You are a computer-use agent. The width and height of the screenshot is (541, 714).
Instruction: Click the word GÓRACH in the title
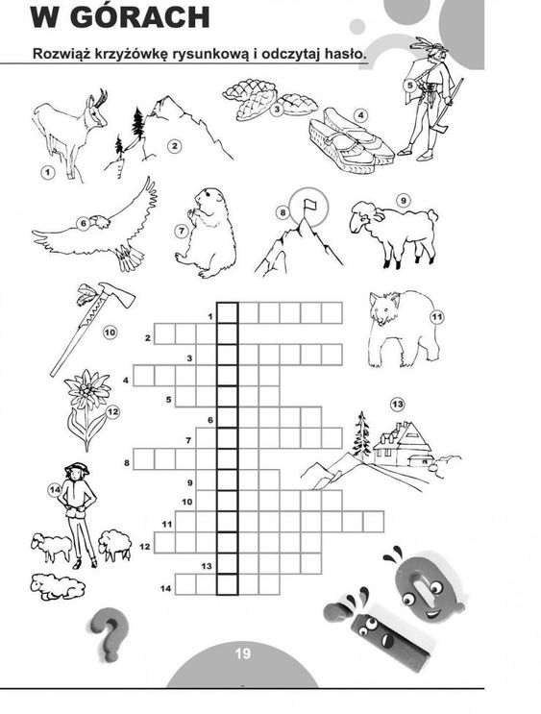point(140,17)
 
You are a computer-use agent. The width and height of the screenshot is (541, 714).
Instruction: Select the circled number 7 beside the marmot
point(182,231)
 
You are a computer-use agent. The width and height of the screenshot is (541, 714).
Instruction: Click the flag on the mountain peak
point(310,204)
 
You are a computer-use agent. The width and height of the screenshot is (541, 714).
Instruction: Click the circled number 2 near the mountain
point(175,146)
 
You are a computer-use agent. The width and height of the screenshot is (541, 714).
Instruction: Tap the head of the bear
point(383,308)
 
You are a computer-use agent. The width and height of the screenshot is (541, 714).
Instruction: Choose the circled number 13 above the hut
point(397,404)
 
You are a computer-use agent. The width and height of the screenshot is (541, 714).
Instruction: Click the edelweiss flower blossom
point(87,388)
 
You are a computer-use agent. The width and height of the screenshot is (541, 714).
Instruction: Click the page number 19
point(243,653)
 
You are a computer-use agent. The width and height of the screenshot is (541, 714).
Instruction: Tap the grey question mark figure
point(109,634)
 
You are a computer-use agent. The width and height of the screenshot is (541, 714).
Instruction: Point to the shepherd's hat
point(77,468)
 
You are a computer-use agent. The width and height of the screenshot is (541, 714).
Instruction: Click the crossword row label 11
point(167,524)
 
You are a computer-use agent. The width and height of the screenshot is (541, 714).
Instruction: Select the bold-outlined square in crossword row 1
point(227,312)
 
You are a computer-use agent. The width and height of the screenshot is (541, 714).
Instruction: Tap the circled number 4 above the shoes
point(360,115)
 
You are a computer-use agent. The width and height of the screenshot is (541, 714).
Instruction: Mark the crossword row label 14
point(165,588)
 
